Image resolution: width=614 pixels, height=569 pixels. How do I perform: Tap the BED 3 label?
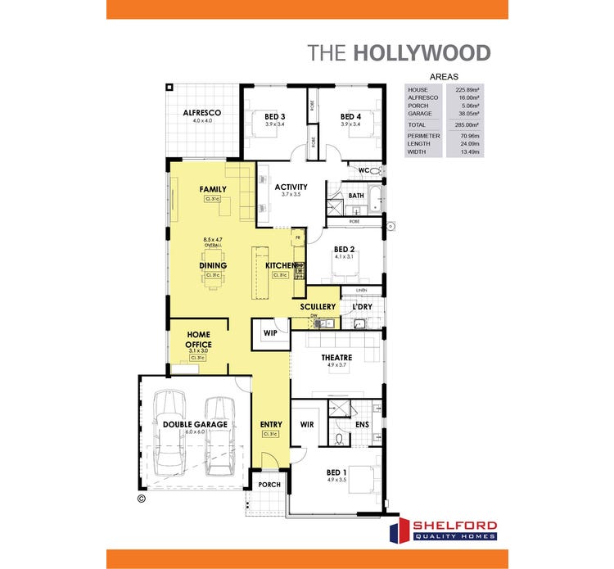(x=274, y=116)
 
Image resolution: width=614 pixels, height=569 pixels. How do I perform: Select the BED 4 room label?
(x=350, y=116)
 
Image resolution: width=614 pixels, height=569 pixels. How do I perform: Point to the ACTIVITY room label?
(x=291, y=187)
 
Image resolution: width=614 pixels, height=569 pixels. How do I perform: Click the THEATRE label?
(x=336, y=357)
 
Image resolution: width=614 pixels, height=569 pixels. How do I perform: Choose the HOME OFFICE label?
(x=199, y=340)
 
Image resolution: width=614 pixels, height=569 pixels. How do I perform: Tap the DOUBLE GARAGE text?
(x=195, y=424)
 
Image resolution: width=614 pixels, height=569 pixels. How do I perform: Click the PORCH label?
(x=269, y=485)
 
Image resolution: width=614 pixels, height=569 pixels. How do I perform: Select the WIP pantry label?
(x=270, y=332)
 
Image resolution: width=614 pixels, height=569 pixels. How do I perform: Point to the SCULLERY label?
(x=318, y=307)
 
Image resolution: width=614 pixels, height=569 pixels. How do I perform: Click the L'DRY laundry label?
(x=362, y=307)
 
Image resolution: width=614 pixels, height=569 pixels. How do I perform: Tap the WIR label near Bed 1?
(x=308, y=424)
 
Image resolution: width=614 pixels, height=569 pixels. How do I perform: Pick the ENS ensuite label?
(x=362, y=424)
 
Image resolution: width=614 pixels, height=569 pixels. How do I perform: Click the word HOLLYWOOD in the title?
(x=422, y=53)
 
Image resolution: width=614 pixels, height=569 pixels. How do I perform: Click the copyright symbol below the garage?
(x=140, y=497)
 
